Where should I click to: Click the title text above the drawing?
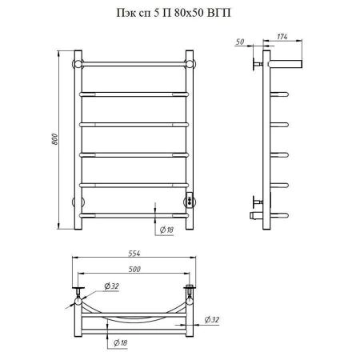174,13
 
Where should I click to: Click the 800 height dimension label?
54,139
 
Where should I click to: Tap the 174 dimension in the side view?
282,37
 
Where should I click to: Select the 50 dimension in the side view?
240,42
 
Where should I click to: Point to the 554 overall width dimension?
134,254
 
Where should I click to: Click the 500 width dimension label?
134,270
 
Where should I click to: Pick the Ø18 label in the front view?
166,230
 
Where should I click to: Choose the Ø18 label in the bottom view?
121,342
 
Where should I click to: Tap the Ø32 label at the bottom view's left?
111,286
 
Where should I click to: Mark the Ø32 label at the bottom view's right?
212,319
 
